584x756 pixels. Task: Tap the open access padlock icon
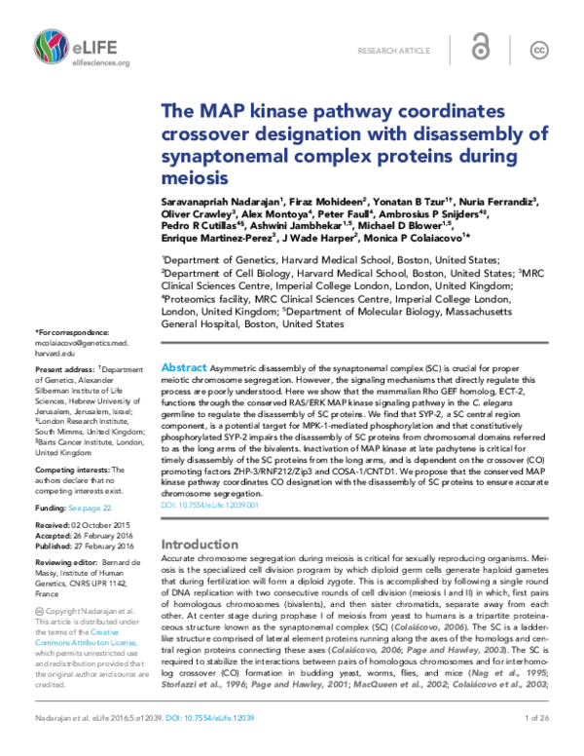coord(479,50)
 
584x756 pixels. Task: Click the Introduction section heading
coord(199,544)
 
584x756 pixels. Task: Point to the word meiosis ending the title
coord(194,177)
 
